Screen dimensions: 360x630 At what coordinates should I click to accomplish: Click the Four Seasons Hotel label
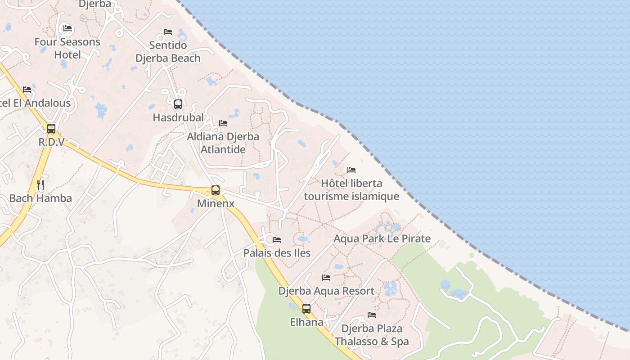click(x=67, y=48)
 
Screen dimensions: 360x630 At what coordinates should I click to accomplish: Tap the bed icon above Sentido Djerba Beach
click(x=168, y=32)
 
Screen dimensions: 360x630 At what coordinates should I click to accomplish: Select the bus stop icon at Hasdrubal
click(x=178, y=104)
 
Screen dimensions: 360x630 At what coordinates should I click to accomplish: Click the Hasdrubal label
click(x=178, y=117)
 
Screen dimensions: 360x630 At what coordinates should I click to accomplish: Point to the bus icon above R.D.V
click(x=51, y=129)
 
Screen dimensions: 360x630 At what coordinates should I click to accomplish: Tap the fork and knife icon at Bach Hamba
click(x=40, y=184)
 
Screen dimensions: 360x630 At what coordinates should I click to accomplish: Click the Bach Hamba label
click(x=40, y=198)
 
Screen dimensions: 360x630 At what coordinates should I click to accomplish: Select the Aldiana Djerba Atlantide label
click(x=223, y=143)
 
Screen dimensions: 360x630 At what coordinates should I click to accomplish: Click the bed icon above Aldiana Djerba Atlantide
click(x=223, y=123)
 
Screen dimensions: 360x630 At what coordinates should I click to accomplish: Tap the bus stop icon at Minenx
click(x=216, y=190)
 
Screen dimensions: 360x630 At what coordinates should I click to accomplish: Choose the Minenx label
click(x=216, y=203)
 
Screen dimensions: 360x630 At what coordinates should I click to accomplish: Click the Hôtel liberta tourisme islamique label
click(x=351, y=190)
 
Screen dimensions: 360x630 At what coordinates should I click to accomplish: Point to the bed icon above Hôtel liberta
click(x=351, y=170)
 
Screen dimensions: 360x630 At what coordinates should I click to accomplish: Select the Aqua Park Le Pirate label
click(x=382, y=238)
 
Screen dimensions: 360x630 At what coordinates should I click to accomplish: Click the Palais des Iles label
click(x=277, y=253)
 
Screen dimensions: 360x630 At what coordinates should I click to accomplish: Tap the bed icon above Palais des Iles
click(x=277, y=240)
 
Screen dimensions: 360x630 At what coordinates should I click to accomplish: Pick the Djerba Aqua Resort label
click(x=326, y=291)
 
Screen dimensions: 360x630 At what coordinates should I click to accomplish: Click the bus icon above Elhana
click(x=306, y=309)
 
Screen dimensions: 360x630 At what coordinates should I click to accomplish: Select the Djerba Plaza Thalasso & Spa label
click(x=372, y=335)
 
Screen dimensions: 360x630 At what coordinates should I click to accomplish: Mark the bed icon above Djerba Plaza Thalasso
click(x=372, y=315)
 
